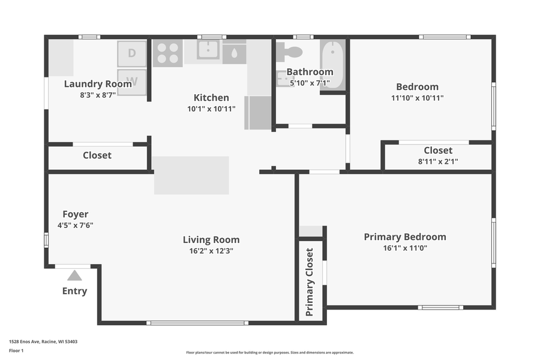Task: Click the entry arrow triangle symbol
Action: click(x=74, y=275)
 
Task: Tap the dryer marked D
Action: click(x=131, y=53)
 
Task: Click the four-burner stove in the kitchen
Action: click(x=167, y=53)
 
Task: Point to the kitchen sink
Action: click(x=208, y=51)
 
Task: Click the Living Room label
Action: click(x=211, y=240)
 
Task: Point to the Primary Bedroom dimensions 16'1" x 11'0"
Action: click(x=405, y=248)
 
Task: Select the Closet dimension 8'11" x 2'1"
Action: click(x=438, y=161)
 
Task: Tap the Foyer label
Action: click(x=76, y=214)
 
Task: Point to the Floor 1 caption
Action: click(x=16, y=350)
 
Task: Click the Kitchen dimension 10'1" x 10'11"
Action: click(x=211, y=109)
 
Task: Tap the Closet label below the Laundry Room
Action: click(x=97, y=155)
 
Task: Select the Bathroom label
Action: click(x=310, y=72)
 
